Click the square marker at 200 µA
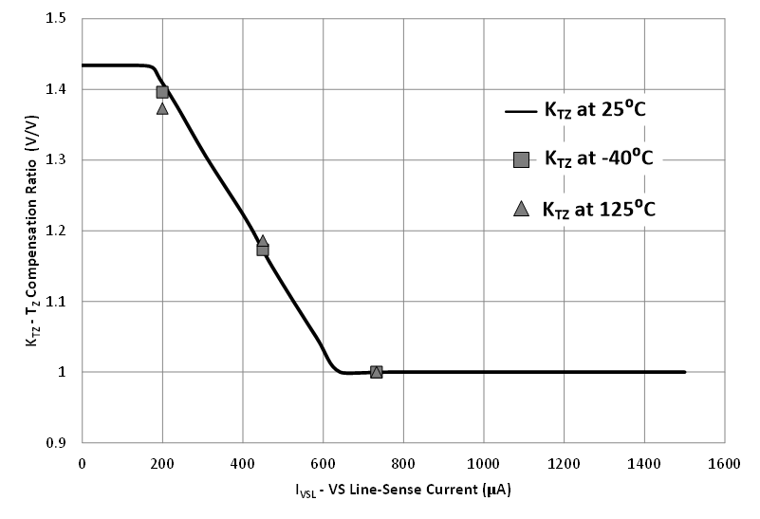pos(162,92)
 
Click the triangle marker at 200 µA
pos(162,108)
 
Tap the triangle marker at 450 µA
pos(262,242)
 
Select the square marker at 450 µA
pos(263,250)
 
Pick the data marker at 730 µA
pos(376,372)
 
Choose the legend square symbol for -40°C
pos(520,159)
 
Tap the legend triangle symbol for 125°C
pos(520,209)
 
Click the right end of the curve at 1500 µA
pos(685,372)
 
